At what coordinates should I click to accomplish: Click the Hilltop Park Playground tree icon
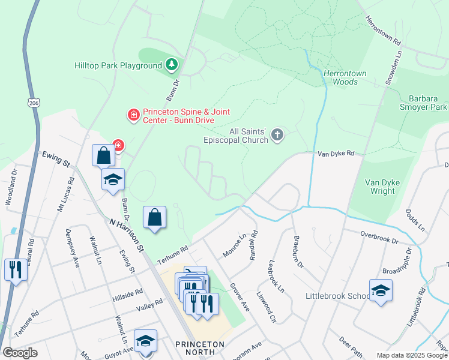171,64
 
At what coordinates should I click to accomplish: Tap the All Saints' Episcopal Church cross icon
277,134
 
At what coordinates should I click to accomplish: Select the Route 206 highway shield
32,103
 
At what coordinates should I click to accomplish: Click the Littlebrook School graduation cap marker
380,291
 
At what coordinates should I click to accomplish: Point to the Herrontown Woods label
340,77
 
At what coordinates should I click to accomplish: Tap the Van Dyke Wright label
380,187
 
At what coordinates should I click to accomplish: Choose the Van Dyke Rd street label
340,154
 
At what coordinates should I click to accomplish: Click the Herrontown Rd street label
382,31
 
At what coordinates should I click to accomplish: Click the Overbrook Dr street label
379,236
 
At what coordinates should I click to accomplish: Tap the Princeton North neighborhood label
199,349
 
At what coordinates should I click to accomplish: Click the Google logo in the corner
20,353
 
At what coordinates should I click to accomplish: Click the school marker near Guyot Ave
145,341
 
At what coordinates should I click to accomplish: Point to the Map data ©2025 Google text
412,355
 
